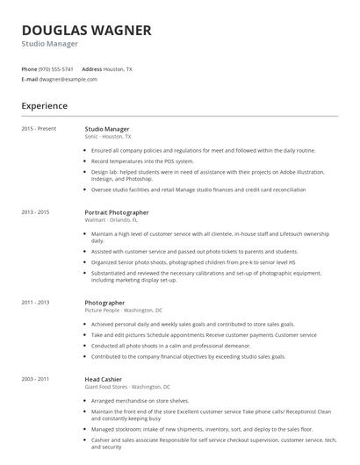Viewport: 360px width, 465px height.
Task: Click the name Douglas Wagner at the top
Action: tap(86, 30)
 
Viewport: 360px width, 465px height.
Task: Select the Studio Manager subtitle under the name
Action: tap(50, 43)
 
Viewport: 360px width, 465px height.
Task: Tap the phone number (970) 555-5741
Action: tap(57, 68)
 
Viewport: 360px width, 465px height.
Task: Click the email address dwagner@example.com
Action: tap(68, 79)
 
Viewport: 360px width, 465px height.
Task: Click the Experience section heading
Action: tap(44, 106)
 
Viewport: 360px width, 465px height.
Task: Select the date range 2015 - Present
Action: tap(39, 129)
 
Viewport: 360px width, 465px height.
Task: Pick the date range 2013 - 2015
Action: tap(36, 212)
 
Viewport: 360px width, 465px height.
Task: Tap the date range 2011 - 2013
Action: tap(36, 303)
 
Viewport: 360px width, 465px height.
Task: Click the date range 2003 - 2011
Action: tap(36, 379)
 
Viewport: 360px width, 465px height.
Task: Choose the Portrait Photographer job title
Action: tap(116, 212)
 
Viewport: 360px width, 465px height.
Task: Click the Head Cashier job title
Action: tap(104, 379)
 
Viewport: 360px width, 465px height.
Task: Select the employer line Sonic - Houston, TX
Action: tap(107, 137)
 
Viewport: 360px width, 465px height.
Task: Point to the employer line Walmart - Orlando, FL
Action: tap(112, 220)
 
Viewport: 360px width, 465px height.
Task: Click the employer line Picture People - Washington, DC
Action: tap(123, 311)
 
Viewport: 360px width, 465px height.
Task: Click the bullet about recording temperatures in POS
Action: tap(142, 161)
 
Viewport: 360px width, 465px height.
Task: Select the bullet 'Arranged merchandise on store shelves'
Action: tap(142, 401)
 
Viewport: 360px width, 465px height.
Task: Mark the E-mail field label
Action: tap(29, 79)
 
